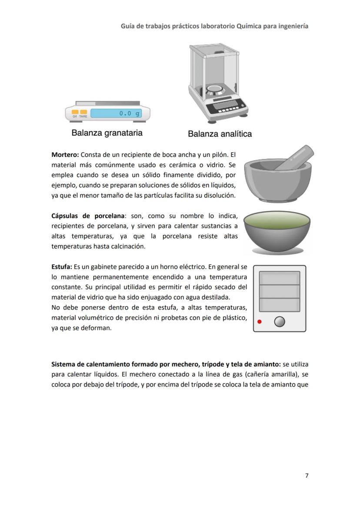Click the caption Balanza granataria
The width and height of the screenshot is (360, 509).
coord(107,133)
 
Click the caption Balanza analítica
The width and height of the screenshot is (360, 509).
coord(220,134)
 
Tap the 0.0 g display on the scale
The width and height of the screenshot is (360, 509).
coord(116,113)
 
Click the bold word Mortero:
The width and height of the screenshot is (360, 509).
coord(65,154)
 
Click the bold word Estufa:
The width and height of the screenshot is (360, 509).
coord(62,266)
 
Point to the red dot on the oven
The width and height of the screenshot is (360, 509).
coord(260,322)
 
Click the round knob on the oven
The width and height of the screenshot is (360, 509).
coord(280,322)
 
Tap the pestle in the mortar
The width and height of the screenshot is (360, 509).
coord(296,158)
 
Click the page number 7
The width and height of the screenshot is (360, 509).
coord(307,476)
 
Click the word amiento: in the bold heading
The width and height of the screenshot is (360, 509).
coord(267,364)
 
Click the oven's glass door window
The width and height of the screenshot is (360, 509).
coord(279,291)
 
